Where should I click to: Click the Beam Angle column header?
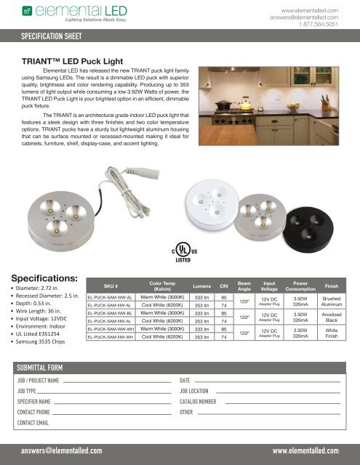244,285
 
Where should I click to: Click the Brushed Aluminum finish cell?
337,302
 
